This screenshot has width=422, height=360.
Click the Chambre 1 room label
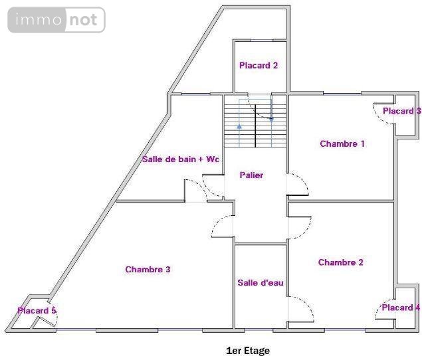[342, 143]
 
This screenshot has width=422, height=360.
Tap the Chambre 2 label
[340, 262]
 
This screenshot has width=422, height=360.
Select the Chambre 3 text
[148, 269]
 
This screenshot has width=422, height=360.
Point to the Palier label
[251, 175]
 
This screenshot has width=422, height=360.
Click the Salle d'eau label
[261, 282]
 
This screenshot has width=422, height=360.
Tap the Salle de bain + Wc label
[181, 159]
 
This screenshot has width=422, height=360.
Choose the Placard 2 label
[259, 65]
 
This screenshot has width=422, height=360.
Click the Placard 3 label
[402, 111]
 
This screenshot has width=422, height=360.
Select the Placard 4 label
[401, 308]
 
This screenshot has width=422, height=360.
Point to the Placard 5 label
[37, 310]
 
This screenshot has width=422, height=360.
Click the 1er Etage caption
[248, 351]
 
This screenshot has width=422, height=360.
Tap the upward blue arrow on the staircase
[239, 126]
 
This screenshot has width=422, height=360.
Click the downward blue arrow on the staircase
[271, 120]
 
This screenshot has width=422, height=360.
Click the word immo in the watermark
[39, 20]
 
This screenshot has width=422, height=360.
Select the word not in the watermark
[83, 20]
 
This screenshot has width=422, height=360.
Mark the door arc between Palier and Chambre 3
[217, 223]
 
